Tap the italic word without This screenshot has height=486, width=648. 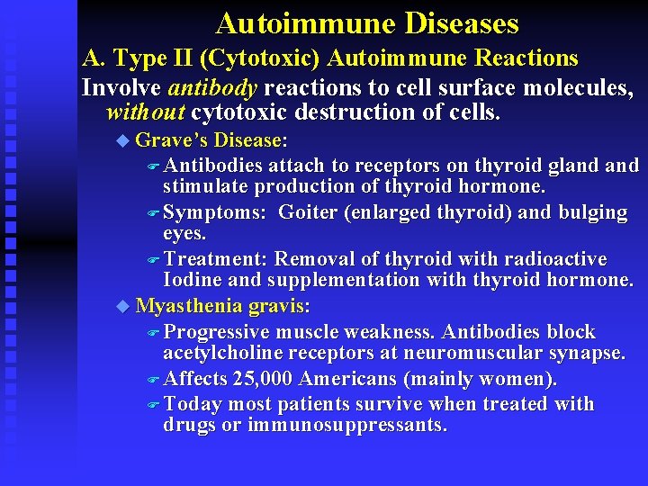click(145, 112)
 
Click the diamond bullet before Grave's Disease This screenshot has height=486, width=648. click(122, 140)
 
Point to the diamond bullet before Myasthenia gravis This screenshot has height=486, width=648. click(122, 306)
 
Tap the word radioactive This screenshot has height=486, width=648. click(553, 259)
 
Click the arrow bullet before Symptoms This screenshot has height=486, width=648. click(152, 213)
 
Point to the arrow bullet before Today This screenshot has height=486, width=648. click(152, 404)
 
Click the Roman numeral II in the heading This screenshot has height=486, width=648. click(179, 58)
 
